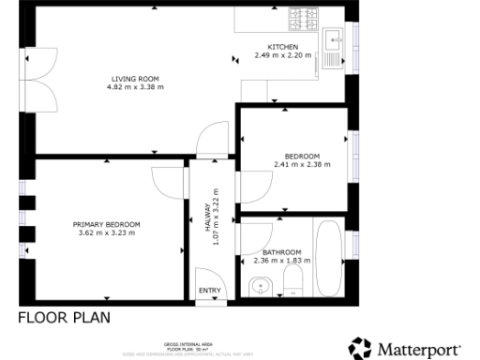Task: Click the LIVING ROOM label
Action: point(136,79)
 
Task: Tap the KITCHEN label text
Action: point(282,47)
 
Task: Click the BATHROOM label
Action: point(281,252)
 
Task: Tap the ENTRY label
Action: point(209,291)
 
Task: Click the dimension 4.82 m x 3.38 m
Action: point(136,87)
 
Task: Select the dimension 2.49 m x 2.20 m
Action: point(282,55)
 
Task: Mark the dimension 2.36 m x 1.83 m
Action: point(281,261)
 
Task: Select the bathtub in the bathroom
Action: point(329,258)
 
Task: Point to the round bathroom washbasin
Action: point(258,286)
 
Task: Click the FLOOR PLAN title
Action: point(65,317)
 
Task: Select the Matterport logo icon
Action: point(360,349)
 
